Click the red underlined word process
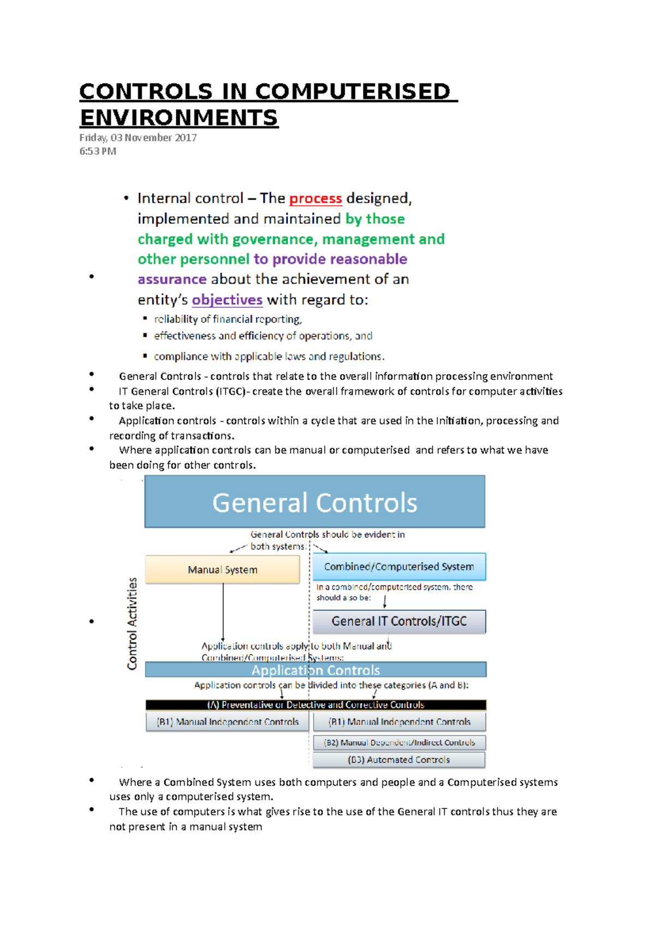coord(315,199)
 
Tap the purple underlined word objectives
coord(227,300)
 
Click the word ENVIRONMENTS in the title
coord(179,118)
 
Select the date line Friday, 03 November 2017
coord(138,138)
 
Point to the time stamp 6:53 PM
coord(98,151)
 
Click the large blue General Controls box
coord(314,502)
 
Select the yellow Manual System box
coord(222,569)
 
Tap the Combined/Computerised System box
coord(399,567)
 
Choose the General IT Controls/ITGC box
coord(399,621)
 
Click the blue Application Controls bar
coord(315,670)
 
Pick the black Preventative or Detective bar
coord(315,705)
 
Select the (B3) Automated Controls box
coord(399,760)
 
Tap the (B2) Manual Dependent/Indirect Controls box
coord(399,742)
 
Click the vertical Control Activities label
coord(132,623)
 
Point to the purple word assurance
coord(172,280)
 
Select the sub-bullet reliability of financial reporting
coord(228,319)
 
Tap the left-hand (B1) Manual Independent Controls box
coord(228,722)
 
